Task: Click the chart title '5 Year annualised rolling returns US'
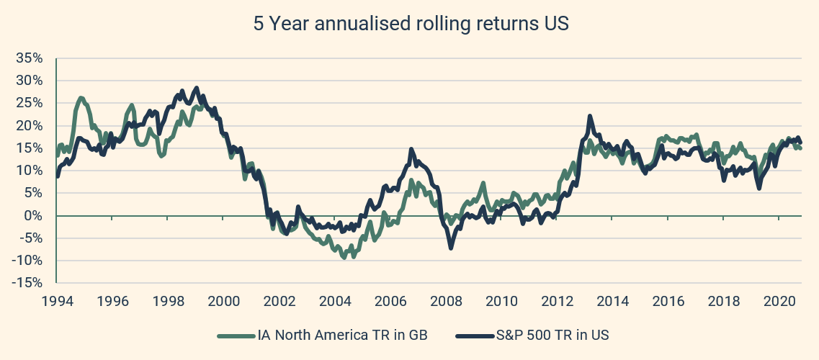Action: [411, 23]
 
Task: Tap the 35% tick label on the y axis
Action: [31, 58]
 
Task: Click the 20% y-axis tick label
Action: [31, 125]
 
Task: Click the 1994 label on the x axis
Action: [57, 300]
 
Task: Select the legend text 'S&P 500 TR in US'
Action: [547, 334]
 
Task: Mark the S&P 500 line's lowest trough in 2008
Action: [451, 248]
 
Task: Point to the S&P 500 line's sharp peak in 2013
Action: [590, 116]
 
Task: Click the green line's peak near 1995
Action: [80, 98]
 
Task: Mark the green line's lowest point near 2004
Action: [344, 257]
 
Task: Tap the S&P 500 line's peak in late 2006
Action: [411, 150]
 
